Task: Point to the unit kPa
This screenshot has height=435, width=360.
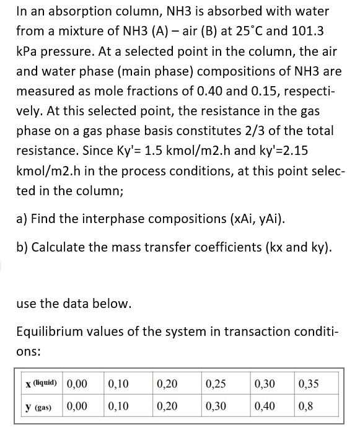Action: click(x=29, y=50)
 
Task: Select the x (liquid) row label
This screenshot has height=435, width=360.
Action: click(x=39, y=383)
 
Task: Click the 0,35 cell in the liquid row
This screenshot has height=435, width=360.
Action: click(x=308, y=383)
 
